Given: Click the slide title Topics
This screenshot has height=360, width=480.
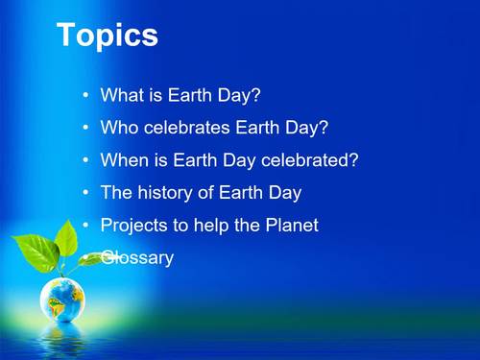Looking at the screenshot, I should point(108,36).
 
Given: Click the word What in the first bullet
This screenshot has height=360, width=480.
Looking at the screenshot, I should point(121,96).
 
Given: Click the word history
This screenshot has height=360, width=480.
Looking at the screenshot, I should point(168,193).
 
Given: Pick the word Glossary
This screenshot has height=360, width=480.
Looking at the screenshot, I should point(137,258).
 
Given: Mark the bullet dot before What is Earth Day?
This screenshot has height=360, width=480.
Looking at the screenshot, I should point(87,96).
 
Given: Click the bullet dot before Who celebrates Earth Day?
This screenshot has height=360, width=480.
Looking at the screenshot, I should point(87,128).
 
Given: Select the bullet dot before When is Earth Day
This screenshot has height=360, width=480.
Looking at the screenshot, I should point(87,160).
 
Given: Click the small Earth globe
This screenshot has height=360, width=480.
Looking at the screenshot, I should point(62,300).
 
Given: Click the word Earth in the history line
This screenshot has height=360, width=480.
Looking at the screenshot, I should point(243,193).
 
